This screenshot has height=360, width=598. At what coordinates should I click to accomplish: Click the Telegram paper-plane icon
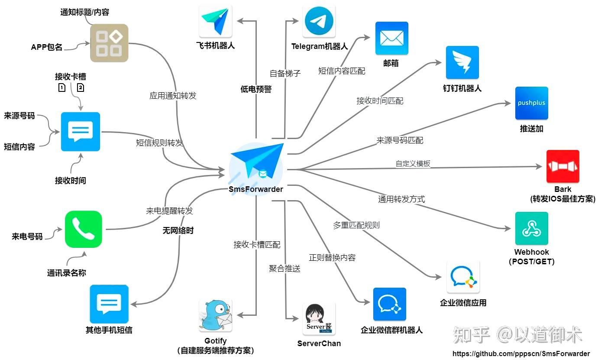coord(319,21)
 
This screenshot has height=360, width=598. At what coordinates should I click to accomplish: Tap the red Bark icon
coord(563,166)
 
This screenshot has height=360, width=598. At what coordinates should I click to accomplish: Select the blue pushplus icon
coord(531,103)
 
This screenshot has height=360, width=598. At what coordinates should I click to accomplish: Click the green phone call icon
coord(84,229)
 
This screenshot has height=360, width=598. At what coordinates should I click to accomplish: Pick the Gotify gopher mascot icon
coord(216,315)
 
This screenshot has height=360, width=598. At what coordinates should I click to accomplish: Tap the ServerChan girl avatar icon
coord(319,319)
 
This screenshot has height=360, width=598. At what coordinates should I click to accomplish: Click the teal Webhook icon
coord(531,228)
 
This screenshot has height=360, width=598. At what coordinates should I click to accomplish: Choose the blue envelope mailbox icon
coord(391,38)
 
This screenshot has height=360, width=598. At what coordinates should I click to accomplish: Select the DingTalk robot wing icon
coord(462,62)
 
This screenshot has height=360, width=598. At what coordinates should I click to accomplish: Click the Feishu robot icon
coord(216,21)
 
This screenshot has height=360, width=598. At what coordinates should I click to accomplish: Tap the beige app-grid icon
coord(109,43)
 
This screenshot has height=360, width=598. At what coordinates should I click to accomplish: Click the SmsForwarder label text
coord(256,189)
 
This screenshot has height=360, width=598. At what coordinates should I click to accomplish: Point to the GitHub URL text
coord(521,354)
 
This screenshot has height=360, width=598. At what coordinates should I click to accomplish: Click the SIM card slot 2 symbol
coord(81,88)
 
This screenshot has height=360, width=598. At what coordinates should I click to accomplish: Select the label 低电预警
coord(256,89)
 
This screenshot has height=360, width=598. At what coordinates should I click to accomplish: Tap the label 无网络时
coord(178,230)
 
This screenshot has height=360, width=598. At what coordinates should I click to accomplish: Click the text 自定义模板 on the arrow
coord(413,163)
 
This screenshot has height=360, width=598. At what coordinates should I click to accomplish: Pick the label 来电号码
coord(27,237)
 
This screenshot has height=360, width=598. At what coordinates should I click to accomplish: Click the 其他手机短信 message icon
coord(109,304)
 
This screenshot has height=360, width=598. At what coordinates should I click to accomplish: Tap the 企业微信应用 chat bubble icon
coord(463,277)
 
